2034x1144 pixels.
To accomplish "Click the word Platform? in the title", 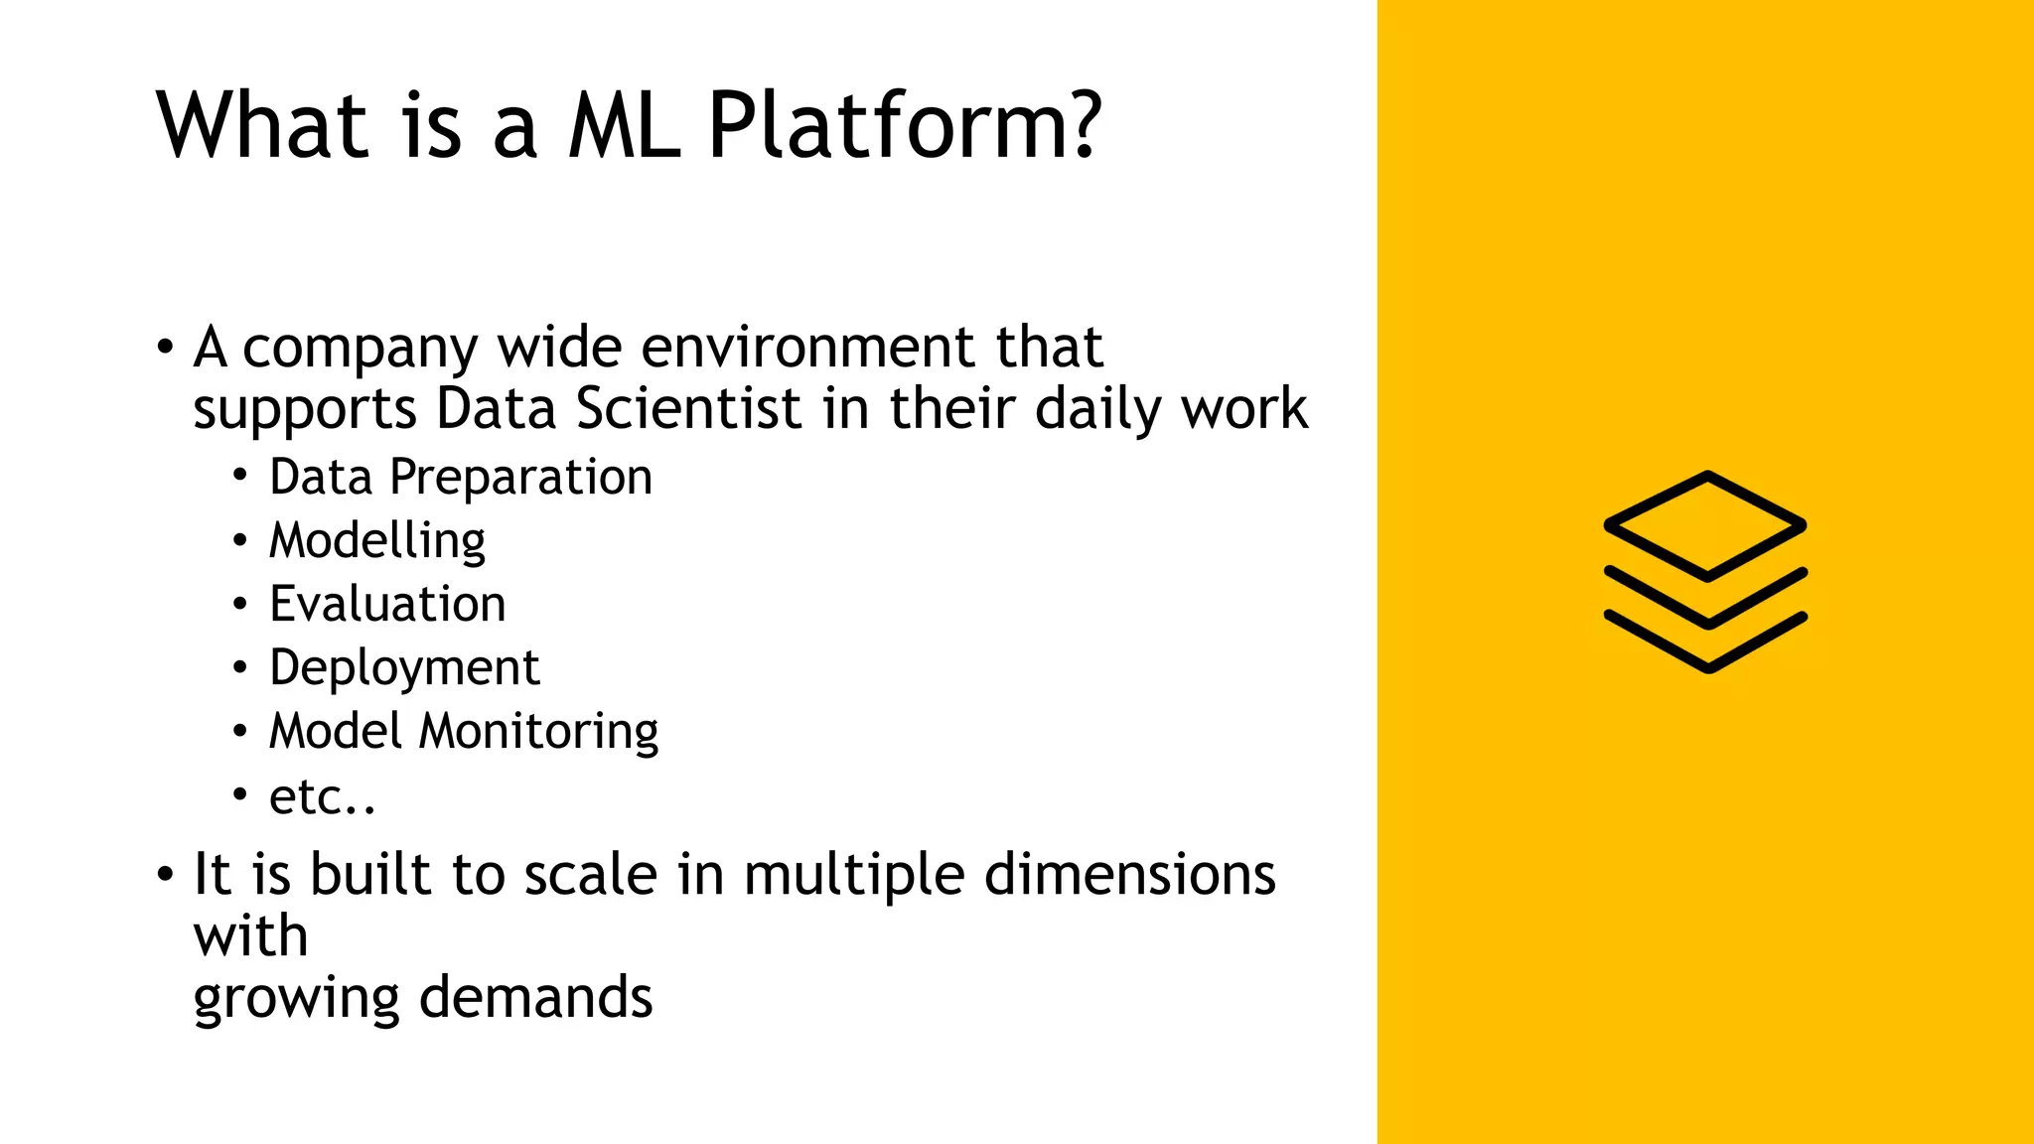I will (904, 126).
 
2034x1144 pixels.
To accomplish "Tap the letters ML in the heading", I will (624, 126).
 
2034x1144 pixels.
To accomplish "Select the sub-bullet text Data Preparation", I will (461, 478).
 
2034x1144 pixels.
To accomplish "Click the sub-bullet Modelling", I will (377, 541).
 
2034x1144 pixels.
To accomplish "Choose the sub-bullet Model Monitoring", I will (464, 732).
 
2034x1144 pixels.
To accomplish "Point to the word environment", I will (808, 348).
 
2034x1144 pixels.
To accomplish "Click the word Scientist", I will (687, 409).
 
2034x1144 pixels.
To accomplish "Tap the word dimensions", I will (1129, 875).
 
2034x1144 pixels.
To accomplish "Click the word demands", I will (536, 997).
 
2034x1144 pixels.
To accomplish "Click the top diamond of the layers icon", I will (1705, 525).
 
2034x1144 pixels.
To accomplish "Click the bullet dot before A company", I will (165, 349).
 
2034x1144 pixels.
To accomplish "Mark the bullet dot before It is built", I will (165, 876).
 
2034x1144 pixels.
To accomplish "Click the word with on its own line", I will (250, 936).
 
